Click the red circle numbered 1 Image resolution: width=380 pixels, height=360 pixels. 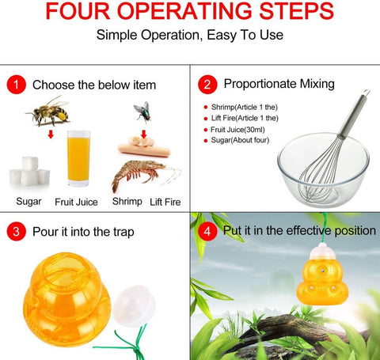click(17, 85)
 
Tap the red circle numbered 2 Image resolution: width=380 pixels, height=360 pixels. click(207, 85)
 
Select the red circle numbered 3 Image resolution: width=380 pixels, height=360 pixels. click(17, 231)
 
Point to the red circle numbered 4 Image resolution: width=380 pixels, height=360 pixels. click(207, 231)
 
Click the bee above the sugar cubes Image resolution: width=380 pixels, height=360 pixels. click(48, 112)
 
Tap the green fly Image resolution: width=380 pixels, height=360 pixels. click(142, 112)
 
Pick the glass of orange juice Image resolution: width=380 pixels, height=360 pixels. click(78, 158)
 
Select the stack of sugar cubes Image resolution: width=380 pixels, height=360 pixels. click(29, 171)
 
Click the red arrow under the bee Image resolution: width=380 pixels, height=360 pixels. click(51, 135)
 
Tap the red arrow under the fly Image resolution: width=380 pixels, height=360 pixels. click(143, 134)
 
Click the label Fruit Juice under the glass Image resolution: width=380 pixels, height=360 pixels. click(76, 202)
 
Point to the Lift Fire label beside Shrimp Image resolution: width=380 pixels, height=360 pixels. click(165, 202)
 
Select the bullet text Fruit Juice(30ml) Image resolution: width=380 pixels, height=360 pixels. click(237, 130)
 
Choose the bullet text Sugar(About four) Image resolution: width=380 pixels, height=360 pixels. click(240, 140)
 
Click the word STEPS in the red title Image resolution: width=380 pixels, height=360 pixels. click(297, 11)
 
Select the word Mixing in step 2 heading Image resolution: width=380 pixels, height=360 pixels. click(317, 84)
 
